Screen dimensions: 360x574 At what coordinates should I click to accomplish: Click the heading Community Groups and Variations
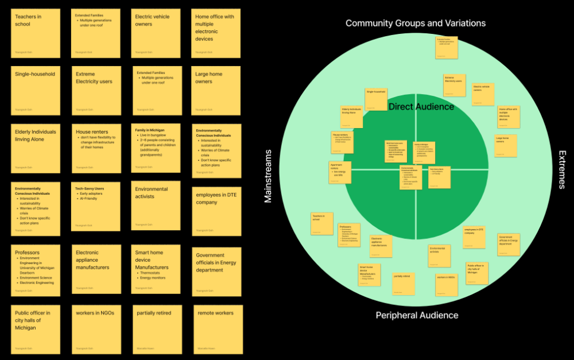click(x=415, y=23)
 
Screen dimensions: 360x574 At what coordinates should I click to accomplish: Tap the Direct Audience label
click(x=421, y=107)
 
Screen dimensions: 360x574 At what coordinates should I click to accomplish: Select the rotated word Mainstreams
click(x=267, y=176)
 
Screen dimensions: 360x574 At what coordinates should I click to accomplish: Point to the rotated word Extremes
click(x=563, y=170)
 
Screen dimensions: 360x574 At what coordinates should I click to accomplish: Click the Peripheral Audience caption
click(x=417, y=315)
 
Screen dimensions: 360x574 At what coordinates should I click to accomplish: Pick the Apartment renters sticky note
click(x=340, y=173)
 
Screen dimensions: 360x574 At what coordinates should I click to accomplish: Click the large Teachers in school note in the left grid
click(x=36, y=33)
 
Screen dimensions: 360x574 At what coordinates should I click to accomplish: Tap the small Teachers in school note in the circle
click(x=321, y=223)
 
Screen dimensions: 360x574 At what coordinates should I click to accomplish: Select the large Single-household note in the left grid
click(x=36, y=90)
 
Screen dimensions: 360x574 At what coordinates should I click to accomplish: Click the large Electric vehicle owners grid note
click(x=156, y=33)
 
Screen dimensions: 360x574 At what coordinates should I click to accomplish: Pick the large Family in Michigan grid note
click(x=156, y=148)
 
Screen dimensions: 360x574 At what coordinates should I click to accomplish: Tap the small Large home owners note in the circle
click(x=506, y=146)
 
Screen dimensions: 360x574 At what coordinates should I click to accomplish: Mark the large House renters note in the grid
click(x=96, y=148)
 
